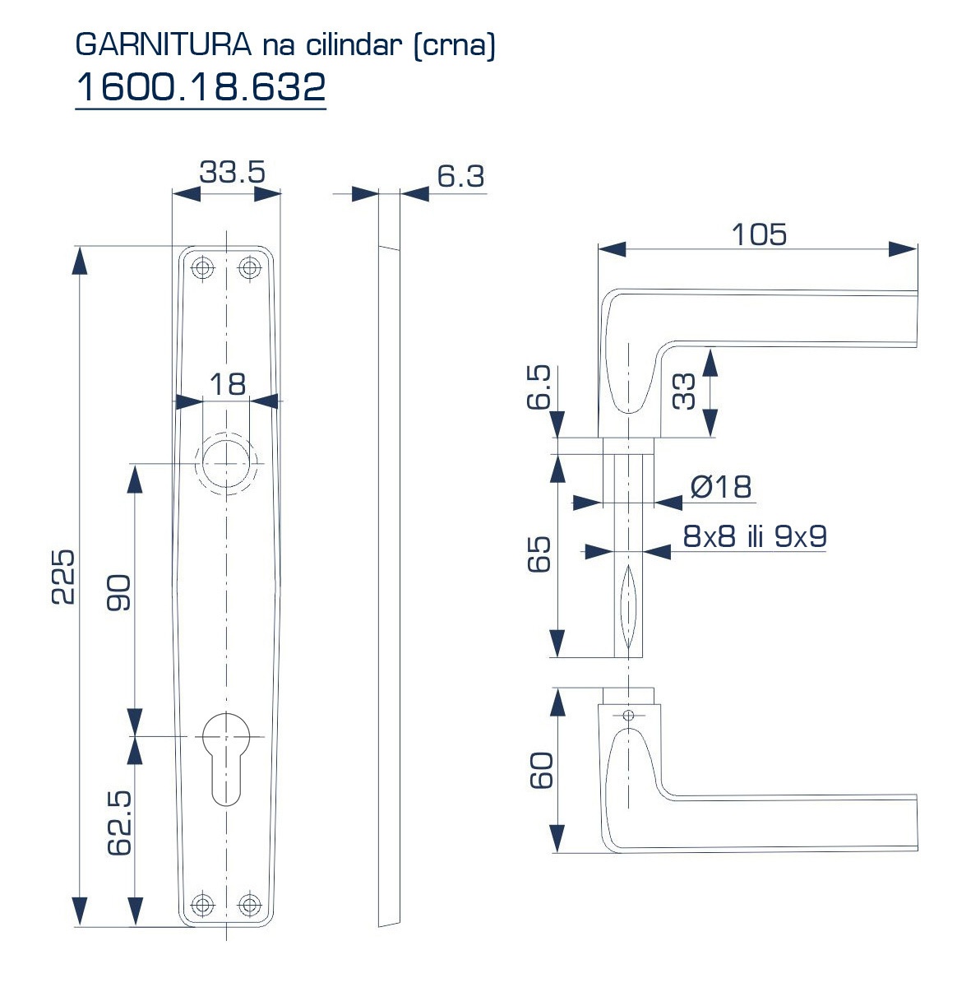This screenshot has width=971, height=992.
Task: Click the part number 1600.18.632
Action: pyautogui.click(x=201, y=86)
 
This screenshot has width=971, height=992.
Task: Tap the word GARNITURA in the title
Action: pyautogui.click(x=163, y=44)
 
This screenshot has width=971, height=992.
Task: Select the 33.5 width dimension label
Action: pyautogui.click(x=232, y=172)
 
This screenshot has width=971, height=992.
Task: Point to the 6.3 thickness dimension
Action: pyautogui.click(x=460, y=177)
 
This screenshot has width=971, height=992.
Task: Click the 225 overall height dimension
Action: pyautogui.click(x=63, y=577)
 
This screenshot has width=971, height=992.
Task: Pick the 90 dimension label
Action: pyautogui.click(x=118, y=592)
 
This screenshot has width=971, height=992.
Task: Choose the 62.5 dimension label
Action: pyautogui.click(x=119, y=823)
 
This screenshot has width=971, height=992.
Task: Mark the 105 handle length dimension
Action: pyautogui.click(x=759, y=234)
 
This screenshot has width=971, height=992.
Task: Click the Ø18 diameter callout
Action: pyautogui.click(x=720, y=486)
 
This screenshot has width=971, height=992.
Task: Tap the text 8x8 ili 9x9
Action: pyautogui.click(x=755, y=536)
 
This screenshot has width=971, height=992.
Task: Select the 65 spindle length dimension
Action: pyautogui.click(x=539, y=554)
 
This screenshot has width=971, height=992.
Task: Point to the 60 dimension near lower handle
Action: pyautogui.click(x=541, y=770)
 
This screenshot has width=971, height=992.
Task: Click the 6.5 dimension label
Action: pyautogui.click(x=539, y=387)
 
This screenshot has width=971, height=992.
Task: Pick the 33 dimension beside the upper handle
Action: pyautogui.click(x=684, y=392)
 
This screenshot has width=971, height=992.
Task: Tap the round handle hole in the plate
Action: pyautogui.click(x=226, y=463)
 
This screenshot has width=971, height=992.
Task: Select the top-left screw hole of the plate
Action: pyautogui.click(x=203, y=267)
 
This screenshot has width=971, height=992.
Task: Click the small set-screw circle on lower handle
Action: pyautogui.click(x=628, y=715)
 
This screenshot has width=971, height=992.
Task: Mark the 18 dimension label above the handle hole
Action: pyautogui.click(x=228, y=384)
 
